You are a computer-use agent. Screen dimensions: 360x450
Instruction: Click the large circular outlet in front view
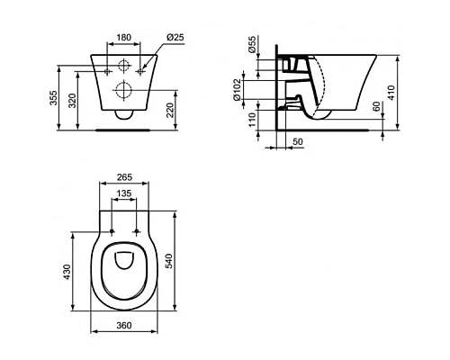[x=123, y=90]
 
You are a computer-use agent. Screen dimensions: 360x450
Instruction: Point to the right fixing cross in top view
[x=137, y=232]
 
